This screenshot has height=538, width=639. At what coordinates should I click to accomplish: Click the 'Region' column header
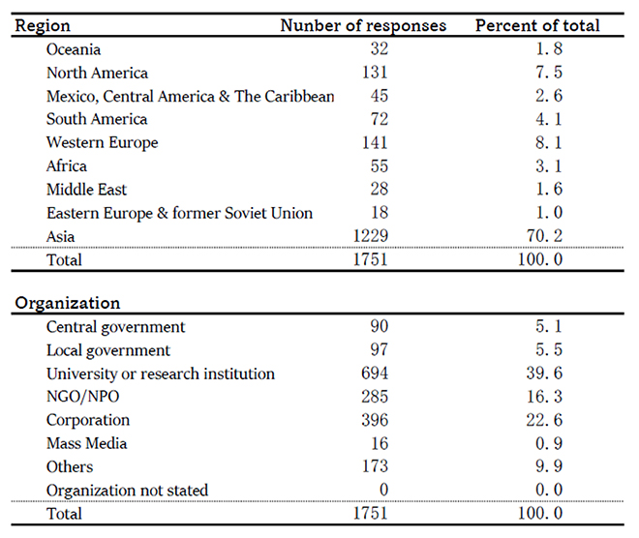(43, 26)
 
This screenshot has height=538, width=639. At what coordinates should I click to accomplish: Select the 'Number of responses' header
(363, 26)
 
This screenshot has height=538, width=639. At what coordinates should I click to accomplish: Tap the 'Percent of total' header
(537, 26)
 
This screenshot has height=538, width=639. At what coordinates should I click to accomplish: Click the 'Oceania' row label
(74, 49)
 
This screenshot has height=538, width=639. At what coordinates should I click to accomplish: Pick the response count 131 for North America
(375, 73)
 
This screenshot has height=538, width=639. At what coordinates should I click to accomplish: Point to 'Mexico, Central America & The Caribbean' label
(191, 97)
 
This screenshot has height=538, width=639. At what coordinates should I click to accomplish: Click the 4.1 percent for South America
(549, 119)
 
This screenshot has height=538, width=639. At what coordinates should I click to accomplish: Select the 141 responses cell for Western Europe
(375, 142)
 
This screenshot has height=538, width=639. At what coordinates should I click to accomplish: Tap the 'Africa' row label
(67, 165)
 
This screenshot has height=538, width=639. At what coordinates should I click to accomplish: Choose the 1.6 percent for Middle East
(549, 189)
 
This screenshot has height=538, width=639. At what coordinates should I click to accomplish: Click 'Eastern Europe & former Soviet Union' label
(179, 213)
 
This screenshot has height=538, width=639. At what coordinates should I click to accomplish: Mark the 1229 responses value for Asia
(371, 236)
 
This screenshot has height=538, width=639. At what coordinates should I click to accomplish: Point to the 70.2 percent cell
(544, 236)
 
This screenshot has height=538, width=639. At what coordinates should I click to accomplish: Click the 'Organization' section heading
(68, 304)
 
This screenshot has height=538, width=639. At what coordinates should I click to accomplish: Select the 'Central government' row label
(116, 327)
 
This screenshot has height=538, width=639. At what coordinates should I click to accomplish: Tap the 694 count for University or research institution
(375, 374)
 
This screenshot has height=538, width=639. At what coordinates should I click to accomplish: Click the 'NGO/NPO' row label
(82, 397)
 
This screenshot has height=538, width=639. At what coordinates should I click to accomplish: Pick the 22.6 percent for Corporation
(544, 420)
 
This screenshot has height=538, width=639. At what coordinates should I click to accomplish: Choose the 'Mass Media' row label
(87, 443)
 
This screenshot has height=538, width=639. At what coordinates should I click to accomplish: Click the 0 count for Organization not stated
(383, 490)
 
